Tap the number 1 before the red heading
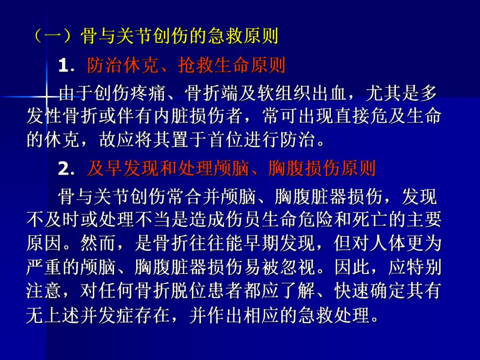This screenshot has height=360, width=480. pyautogui.click(x=64, y=66)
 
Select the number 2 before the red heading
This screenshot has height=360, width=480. pyautogui.click(x=64, y=169)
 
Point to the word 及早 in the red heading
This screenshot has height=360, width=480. pyautogui.click(x=105, y=169)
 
